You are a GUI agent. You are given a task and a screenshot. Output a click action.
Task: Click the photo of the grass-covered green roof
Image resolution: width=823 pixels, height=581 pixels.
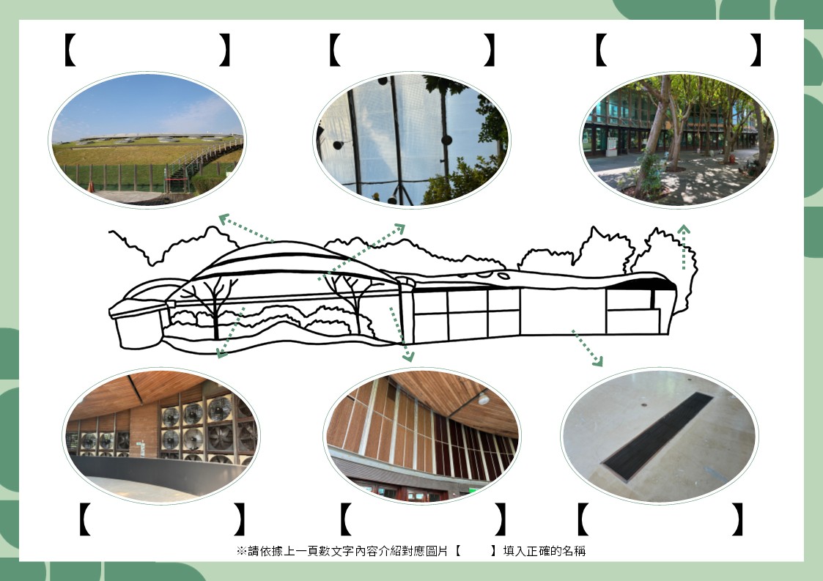click(x=147, y=139)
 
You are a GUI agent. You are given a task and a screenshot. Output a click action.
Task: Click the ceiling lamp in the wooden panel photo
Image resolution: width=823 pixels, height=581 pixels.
click(x=484, y=399)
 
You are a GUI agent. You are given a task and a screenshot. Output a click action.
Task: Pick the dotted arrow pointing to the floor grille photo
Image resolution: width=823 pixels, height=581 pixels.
click(x=587, y=348)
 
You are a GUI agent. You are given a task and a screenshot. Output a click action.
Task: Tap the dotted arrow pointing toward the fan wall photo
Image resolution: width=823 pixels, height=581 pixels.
click(x=231, y=333)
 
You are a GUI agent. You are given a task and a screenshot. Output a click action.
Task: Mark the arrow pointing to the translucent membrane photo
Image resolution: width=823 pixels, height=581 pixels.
click(x=363, y=252)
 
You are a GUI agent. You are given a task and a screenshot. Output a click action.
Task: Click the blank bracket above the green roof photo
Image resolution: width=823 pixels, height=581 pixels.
click(x=147, y=50)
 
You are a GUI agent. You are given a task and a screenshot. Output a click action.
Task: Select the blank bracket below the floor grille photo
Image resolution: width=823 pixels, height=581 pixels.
click(x=660, y=519)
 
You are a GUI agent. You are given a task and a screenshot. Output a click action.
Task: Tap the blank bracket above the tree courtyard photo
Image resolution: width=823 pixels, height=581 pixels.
click(x=678, y=50)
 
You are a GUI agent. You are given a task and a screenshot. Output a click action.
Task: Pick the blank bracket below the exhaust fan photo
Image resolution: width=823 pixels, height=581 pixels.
click(x=161, y=519)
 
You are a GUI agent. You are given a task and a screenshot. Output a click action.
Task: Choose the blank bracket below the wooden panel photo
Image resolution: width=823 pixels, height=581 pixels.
click(x=424, y=519)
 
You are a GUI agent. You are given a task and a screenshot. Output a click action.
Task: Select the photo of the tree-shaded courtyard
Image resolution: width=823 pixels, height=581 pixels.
click(x=679, y=139)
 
